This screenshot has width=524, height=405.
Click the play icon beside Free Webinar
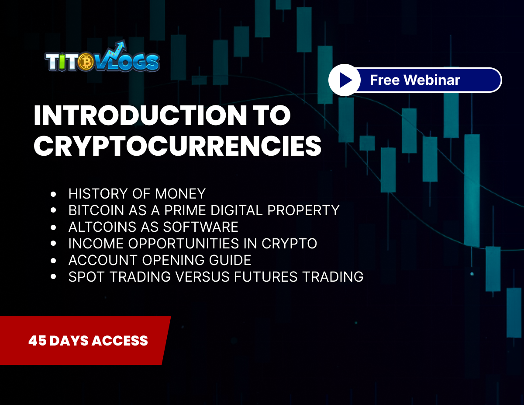(345, 80)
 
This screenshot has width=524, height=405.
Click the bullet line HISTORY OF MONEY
(137, 193)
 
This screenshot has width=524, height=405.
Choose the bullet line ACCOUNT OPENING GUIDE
(159, 260)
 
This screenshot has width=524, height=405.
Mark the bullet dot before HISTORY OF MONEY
(54, 193)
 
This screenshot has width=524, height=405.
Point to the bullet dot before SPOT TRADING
(54, 277)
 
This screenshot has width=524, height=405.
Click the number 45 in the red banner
(37, 341)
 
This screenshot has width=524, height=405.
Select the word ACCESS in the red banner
(124, 341)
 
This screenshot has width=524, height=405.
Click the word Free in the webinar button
(385, 80)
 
